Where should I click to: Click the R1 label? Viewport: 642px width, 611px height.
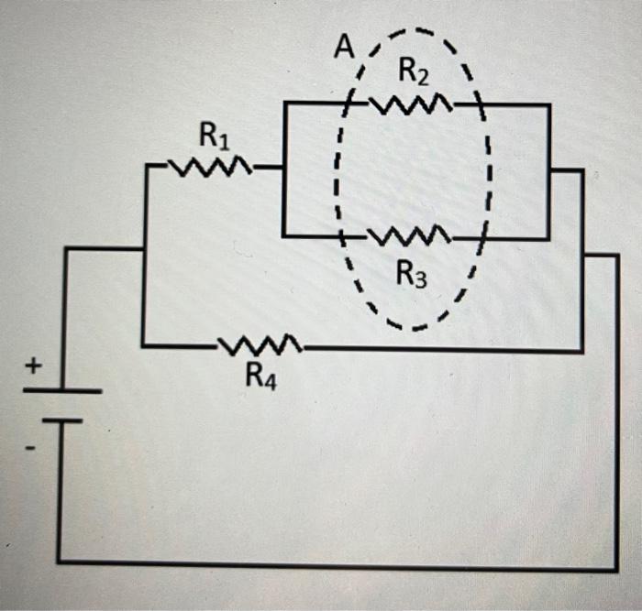coord(214,138)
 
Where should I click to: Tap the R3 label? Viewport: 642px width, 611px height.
coord(412,274)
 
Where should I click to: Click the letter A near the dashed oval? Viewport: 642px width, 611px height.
coord(343,49)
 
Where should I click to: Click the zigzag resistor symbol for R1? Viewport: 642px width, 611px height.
coord(213,168)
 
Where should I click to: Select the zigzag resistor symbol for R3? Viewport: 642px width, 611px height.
coord(410,237)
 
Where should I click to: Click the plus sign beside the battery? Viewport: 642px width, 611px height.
coord(32,366)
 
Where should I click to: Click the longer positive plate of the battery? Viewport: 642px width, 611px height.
coord(61,390)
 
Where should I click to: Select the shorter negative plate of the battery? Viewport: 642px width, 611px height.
coord(61,420)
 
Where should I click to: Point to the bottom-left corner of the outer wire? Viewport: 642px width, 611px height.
coord(60,561)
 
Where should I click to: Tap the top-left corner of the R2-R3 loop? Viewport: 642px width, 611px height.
coord(285,104)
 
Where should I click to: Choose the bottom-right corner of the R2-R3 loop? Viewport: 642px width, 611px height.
coord(549,239)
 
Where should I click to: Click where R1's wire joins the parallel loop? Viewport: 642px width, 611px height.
coord(285,169)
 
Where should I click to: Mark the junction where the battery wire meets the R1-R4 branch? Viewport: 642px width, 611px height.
coord(143,248)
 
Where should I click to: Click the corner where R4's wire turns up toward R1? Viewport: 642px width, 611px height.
coord(143,346)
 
